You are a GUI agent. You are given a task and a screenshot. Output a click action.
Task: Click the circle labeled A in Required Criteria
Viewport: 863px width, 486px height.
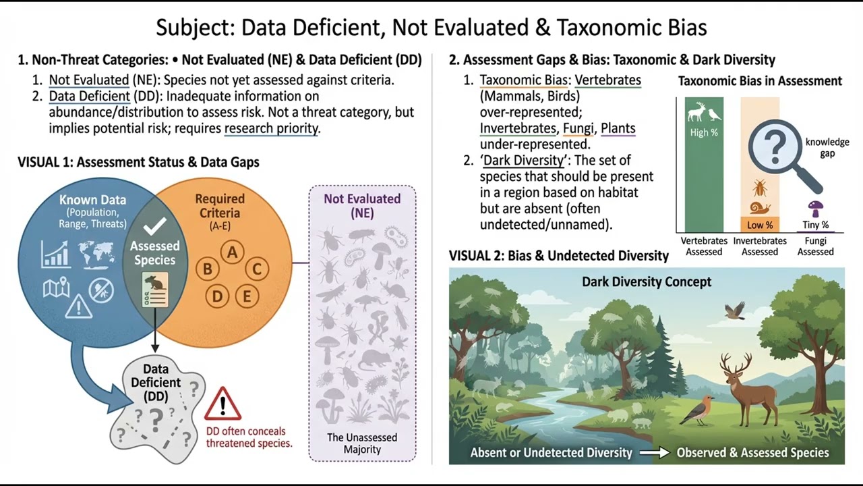coord(233,252)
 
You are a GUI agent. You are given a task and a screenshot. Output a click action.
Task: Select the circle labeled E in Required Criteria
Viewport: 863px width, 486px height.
coord(247,296)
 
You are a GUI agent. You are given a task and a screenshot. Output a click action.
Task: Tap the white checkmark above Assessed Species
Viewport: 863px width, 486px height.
coord(155,226)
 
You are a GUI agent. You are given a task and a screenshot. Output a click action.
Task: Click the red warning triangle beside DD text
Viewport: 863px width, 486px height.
coord(222,404)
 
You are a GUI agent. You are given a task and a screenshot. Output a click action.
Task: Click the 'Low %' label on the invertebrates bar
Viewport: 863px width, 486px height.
coord(760,225)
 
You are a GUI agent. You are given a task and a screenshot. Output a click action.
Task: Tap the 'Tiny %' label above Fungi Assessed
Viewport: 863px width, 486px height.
coord(815,225)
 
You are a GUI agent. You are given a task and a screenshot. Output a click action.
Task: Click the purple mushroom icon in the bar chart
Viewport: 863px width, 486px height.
coord(816,208)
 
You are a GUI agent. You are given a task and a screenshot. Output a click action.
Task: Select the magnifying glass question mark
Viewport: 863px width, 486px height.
coord(775,146)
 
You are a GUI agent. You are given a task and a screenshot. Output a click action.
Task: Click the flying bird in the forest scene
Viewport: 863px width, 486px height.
coord(734,310)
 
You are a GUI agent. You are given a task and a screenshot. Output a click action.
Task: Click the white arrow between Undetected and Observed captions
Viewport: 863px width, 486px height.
coord(654,453)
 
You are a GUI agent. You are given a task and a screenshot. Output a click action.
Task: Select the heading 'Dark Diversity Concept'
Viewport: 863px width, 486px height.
coord(647,281)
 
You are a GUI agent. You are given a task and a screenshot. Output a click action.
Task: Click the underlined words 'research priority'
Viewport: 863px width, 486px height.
coord(271,128)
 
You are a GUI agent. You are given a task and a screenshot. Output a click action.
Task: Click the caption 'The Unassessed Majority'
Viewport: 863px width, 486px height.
coord(362,443)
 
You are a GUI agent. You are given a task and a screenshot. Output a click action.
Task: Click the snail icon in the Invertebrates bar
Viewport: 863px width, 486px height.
coord(760,208)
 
